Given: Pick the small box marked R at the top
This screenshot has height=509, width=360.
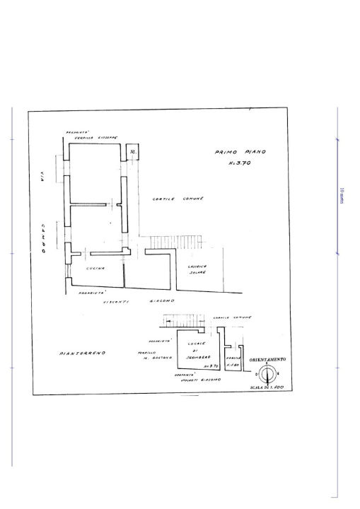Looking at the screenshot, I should click(132, 153).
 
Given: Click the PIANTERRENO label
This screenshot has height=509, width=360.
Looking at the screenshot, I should click(83, 351).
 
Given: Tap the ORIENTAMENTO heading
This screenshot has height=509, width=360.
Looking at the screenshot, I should click(267, 359).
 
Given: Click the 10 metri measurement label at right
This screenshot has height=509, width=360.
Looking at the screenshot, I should click(342, 196).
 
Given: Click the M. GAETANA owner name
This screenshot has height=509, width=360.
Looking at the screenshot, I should click(149, 358).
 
